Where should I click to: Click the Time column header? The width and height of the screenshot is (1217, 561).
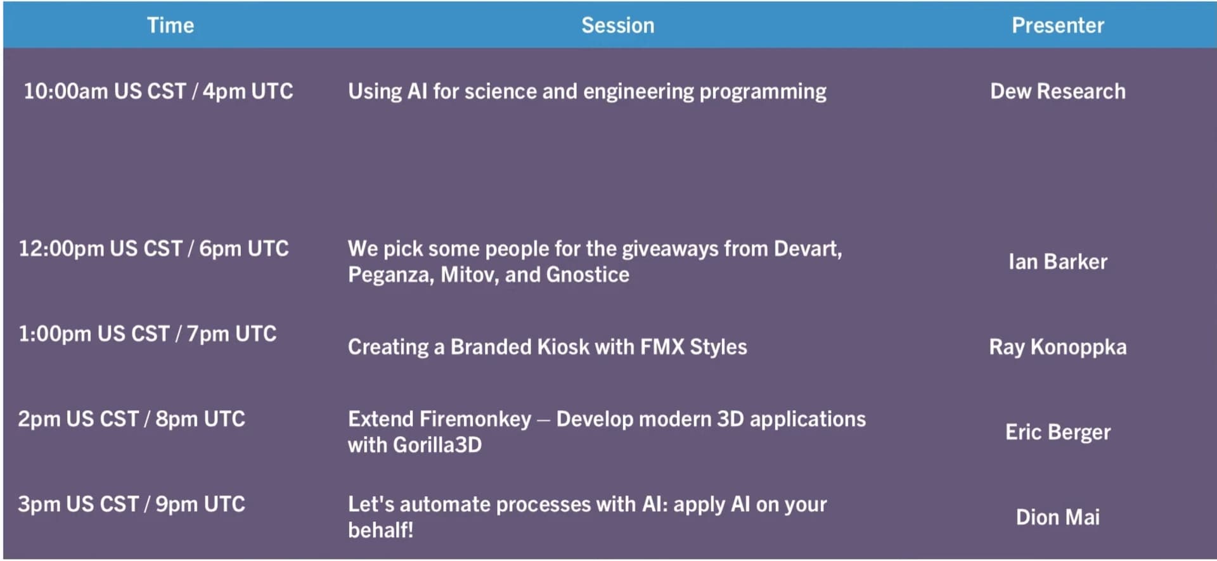(x=171, y=25)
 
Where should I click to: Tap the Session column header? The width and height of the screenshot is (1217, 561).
(x=618, y=25)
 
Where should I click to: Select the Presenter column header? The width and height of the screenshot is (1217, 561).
(x=1058, y=25)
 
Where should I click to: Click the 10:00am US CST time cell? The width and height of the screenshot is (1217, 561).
(x=158, y=91)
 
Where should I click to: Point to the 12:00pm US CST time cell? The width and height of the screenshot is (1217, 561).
(x=153, y=248)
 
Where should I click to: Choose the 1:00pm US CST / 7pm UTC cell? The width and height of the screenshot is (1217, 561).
(x=148, y=334)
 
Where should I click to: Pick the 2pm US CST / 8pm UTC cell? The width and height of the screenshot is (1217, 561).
(x=131, y=419)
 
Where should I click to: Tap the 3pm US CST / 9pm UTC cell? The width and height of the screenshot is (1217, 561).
(x=131, y=505)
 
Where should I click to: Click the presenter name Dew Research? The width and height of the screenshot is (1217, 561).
(x=1058, y=91)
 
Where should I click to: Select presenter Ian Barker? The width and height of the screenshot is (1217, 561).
(x=1058, y=262)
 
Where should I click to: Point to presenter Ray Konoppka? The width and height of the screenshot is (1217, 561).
(x=1058, y=347)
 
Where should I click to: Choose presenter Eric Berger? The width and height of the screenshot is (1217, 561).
(x=1058, y=432)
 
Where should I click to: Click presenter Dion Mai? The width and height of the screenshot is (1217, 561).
(x=1058, y=517)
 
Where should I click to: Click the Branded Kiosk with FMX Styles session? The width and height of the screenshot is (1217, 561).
(x=548, y=347)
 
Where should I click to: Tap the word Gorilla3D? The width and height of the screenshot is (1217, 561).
(x=437, y=445)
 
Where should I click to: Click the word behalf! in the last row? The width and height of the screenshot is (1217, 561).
(x=380, y=530)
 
